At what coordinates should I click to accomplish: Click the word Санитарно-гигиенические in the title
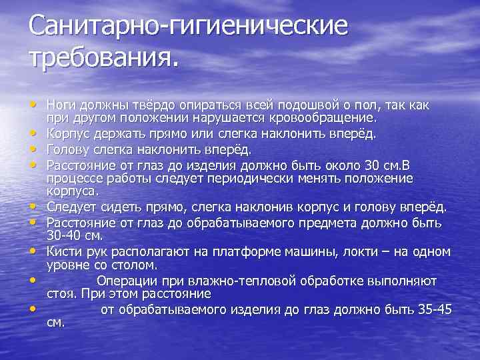click(188, 27)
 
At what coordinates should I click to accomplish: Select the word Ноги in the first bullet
click(61, 105)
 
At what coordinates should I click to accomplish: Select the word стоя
click(61, 293)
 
